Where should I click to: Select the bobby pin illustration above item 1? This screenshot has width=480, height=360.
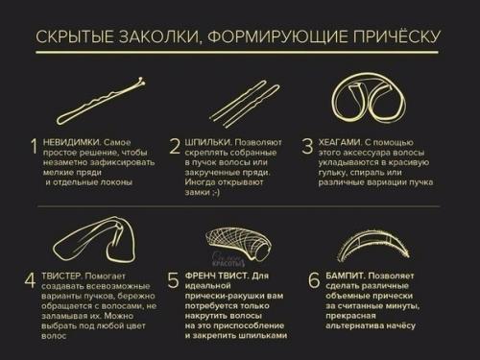coord(101,104)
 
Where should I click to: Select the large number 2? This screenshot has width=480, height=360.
coord(174,147)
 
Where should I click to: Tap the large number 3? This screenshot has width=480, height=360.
coord(308,147)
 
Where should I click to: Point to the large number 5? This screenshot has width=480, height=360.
coord(174,280)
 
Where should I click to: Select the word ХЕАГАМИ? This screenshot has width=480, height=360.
coord(344,141)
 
